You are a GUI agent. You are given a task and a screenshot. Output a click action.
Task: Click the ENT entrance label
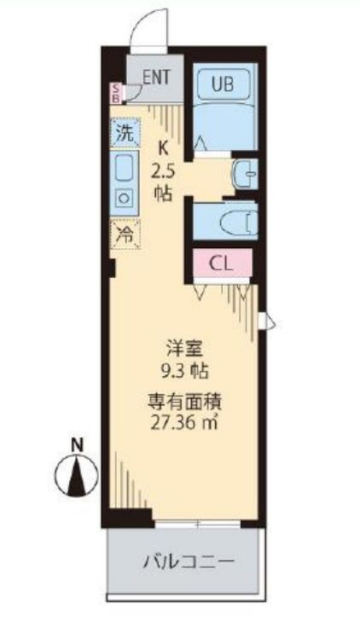coord(156,76)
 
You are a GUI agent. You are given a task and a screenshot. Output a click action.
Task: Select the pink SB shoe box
coord(117,92)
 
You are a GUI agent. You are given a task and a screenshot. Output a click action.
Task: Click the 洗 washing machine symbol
coord(125,133)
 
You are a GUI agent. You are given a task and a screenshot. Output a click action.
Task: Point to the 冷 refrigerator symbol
coord(125,234)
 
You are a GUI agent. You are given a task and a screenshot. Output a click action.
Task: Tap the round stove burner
coord(125,198)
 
